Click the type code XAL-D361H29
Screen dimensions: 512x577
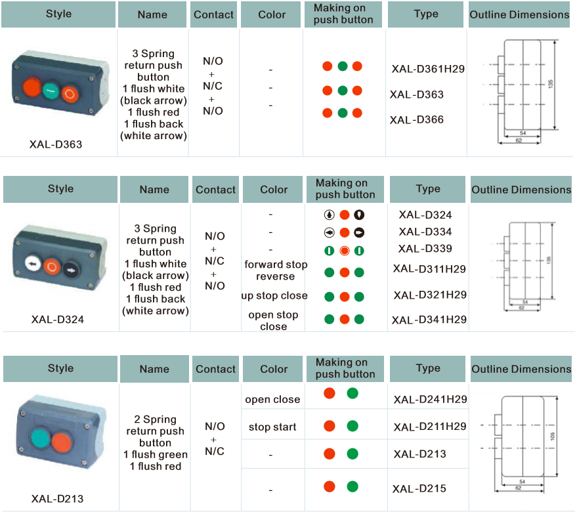point(428,69)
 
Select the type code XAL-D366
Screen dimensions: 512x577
point(417,119)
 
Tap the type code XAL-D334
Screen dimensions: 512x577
point(425,232)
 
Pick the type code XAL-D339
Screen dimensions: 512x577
point(425,249)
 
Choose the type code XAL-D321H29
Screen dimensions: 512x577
point(430,295)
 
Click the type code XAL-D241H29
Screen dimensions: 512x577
point(430,399)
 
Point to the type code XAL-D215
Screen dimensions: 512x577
point(419,488)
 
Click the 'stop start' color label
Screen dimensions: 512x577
point(272,427)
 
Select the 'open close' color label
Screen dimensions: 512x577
point(272,400)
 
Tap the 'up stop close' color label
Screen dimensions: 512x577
point(274,296)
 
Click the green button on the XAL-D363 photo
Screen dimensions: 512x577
point(51,91)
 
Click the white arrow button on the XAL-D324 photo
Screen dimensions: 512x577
point(31,265)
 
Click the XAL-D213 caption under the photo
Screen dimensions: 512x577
point(57,499)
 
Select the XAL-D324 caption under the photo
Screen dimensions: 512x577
point(57,320)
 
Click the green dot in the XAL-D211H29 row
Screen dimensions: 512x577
point(353,425)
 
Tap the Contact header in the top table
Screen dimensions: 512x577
point(214,14)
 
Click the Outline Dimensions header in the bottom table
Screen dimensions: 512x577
point(521,369)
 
